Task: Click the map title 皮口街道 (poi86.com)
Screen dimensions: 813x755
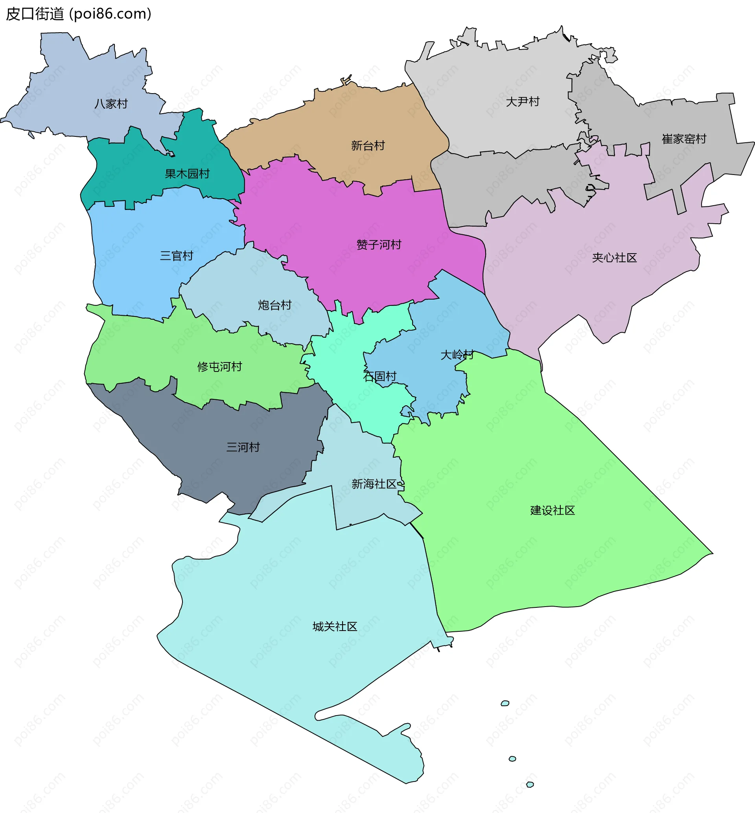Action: (x=78, y=14)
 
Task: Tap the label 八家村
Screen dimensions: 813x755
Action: (x=111, y=104)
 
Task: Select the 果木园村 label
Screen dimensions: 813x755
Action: (x=187, y=174)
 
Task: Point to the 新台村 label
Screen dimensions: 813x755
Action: (x=368, y=145)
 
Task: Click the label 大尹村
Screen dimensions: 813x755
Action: (x=523, y=101)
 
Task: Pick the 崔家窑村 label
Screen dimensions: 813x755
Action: (x=684, y=139)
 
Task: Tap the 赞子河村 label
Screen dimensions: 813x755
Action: (x=379, y=245)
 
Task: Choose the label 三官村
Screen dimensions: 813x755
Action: (x=177, y=256)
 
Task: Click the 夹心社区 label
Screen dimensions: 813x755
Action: (x=614, y=258)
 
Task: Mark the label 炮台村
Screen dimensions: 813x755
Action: (x=274, y=305)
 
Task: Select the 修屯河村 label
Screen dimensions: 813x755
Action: (x=219, y=366)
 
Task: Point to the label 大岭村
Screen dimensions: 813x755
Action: (x=457, y=355)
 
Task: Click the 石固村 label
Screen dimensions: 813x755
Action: (x=379, y=376)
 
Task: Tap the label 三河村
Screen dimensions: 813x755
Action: (x=243, y=447)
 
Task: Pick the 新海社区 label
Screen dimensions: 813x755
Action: (x=374, y=484)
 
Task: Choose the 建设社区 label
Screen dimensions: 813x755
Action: (x=552, y=510)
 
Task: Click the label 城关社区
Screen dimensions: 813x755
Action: (x=335, y=626)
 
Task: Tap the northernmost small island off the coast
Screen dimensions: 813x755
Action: (x=505, y=703)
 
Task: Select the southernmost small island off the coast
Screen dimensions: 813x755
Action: (x=530, y=784)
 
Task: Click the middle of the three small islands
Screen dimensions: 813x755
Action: (x=512, y=759)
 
